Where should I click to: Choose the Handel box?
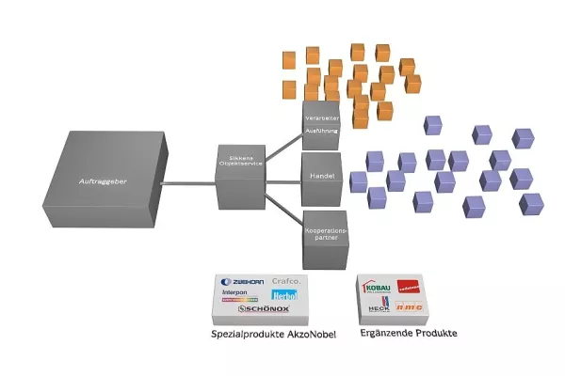320,176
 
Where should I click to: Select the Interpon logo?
235,292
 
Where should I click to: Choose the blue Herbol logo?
284,295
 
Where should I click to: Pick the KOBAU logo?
376,287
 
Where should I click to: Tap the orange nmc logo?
408,305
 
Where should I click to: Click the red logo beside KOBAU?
409,287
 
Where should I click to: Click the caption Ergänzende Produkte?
401,335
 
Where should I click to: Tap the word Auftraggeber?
102,179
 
